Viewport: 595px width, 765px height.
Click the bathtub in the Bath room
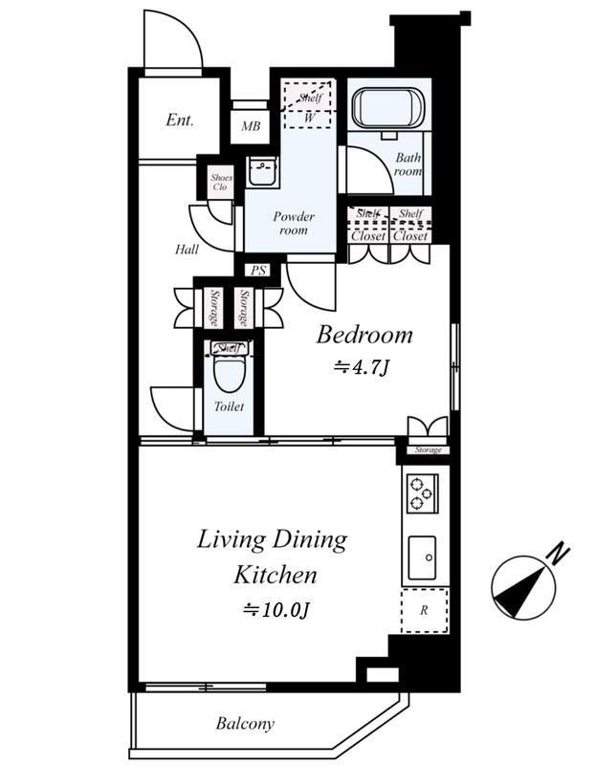(389, 109)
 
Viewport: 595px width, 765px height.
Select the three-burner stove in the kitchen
(422, 492)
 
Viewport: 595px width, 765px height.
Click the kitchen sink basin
(422, 557)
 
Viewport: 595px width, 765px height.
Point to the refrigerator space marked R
(424, 610)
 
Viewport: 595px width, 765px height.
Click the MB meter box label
(251, 126)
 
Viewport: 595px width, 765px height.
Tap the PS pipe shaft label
(257, 270)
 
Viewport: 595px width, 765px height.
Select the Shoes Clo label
(221, 182)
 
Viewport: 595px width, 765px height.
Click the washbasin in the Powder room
(262, 171)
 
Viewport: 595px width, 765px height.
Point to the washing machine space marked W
(310, 118)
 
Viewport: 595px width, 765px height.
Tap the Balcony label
(245, 723)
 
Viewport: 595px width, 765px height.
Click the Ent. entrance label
(180, 120)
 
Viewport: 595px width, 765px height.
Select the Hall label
(187, 250)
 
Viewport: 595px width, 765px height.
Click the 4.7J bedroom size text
(361, 368)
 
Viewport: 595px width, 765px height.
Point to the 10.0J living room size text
(276, 610)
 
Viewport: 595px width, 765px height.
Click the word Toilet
(229, 406)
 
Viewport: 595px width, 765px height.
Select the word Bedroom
(364, 336)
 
